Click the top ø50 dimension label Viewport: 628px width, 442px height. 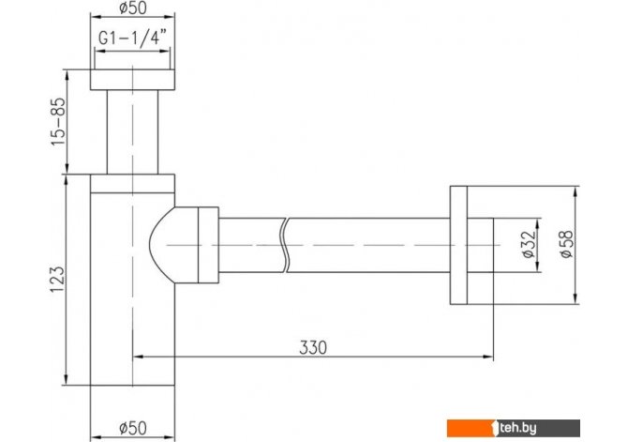click(133, 8)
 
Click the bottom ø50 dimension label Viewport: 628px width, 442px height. click(133, 428)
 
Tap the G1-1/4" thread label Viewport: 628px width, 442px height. click(132, 39)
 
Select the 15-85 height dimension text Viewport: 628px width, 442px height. click(58, 122)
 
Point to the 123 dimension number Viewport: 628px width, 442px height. click(57, 279)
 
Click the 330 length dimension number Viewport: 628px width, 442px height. click(313, 347)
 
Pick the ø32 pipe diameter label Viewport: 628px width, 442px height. click(529, 244)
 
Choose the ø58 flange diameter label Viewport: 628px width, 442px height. click(567, 244)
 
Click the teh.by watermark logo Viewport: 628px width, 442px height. click(514, 428)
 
